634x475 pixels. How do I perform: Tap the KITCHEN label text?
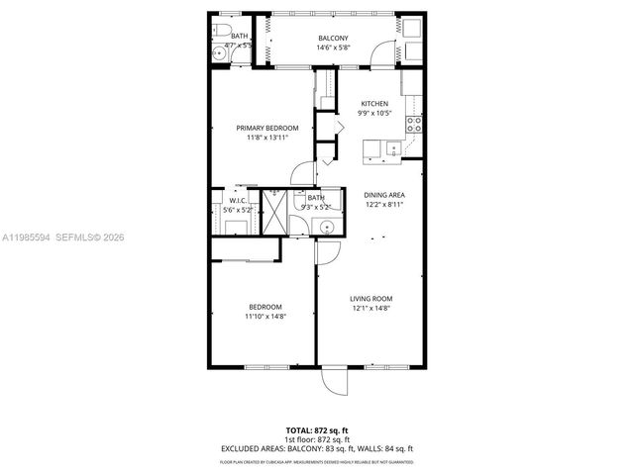coord(373,104)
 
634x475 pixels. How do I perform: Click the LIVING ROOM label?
coord(371,298)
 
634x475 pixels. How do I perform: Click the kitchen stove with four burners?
coord(415,125)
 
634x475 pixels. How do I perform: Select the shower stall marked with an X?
coord(271,212)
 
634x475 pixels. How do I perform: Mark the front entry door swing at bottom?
coord(335,381)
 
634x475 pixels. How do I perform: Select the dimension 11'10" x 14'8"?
coord(264,317)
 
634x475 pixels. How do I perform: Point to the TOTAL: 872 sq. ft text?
coord(316,429)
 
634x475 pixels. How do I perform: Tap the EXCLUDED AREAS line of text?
coord(316,448)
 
